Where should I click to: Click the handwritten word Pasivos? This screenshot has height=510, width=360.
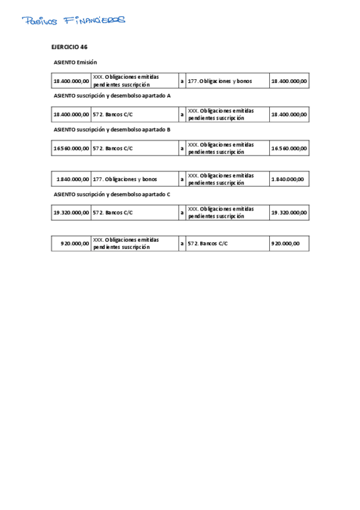40,21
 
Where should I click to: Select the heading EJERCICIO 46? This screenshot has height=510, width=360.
70,46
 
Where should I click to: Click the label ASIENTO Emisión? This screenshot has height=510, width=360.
75,62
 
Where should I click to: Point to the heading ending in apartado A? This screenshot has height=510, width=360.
112,96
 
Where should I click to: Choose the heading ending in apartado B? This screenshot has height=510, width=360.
112,129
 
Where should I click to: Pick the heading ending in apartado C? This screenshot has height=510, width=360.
112,194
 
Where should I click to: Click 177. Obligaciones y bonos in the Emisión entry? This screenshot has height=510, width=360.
220,81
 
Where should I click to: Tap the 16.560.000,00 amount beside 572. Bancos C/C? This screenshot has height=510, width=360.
72,148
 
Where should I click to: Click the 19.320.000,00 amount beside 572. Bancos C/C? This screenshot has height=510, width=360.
72,212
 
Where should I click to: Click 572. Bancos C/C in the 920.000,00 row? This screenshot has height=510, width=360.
208,244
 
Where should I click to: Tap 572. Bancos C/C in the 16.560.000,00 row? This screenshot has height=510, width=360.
113,148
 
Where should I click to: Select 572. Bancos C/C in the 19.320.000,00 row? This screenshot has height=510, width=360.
113,212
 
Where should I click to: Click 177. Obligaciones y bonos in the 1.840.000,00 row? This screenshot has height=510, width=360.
125,179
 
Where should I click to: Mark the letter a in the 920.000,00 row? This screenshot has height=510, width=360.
182,244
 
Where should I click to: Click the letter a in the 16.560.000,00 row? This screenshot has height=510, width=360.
182,148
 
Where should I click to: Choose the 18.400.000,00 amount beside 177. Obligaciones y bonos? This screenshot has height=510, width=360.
289,81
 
